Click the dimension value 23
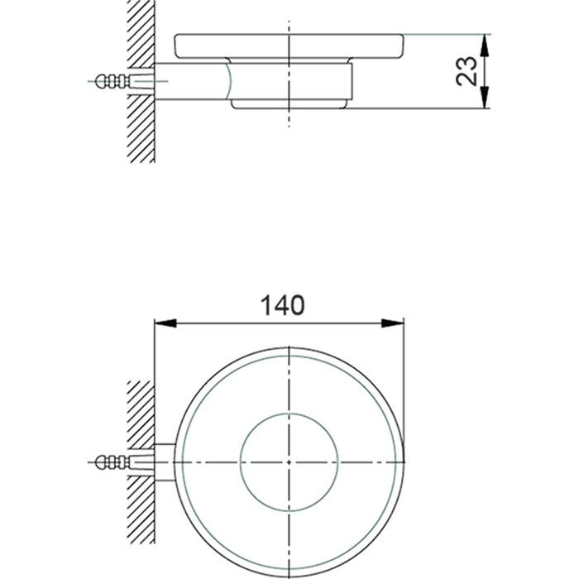point(468,71)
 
